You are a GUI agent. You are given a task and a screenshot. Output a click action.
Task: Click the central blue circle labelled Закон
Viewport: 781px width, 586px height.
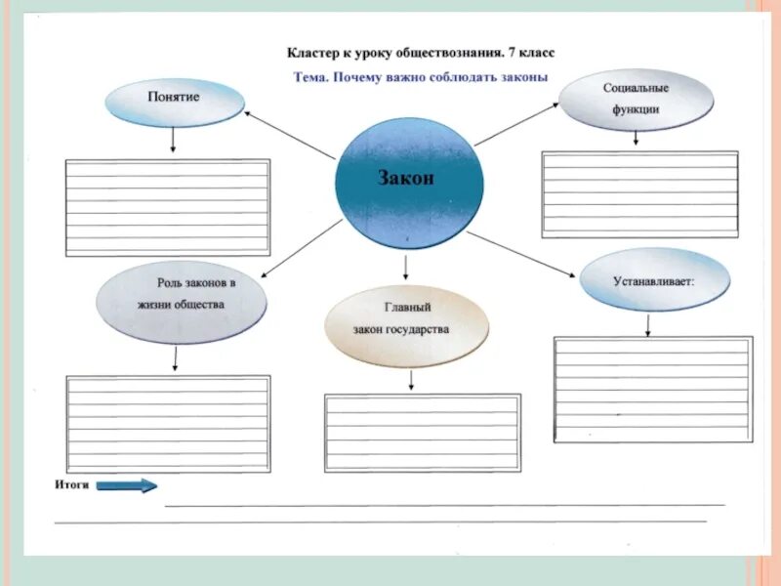(408, 180)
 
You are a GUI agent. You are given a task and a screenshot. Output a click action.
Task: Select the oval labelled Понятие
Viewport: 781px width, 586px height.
(174, 103)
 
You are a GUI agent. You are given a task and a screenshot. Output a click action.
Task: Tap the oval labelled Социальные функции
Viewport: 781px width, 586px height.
(636, 100)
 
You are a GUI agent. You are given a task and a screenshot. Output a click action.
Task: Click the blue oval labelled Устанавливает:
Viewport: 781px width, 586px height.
(654, 280)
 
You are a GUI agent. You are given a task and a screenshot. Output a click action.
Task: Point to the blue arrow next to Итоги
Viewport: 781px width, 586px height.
(127, 485)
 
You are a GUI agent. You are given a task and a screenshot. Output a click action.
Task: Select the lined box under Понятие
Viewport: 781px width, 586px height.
(167, 207)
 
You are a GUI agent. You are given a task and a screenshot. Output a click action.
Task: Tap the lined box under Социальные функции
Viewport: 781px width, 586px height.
(639, 194)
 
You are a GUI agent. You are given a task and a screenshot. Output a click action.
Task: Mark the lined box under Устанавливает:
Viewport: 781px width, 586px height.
(653, 389)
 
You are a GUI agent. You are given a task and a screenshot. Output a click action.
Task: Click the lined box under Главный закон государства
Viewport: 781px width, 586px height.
(422, 433)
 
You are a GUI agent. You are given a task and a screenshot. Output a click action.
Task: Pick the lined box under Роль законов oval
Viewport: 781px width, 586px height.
(167, 423)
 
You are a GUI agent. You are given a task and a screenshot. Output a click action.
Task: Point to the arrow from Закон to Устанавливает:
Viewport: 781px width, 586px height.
(524, 256)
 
